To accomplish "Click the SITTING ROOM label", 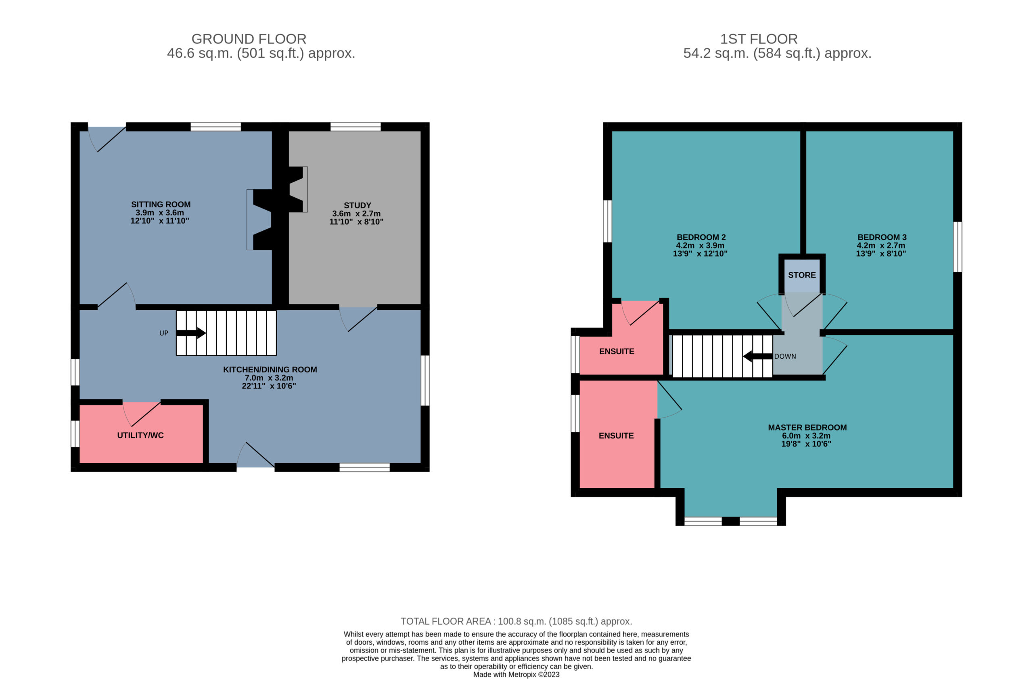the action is pyautogui.click(x=161, y=205).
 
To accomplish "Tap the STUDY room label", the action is pyautogui.click(x=357, y=205).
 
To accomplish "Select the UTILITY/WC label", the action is pyautogui.click(x=140, y=435).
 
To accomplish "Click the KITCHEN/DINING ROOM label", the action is pyautogui.click(x=270, y=370).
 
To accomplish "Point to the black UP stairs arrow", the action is pyautogui.click(x=190, y=333).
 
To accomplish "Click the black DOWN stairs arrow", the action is pyautogui.click(x=758, y=356).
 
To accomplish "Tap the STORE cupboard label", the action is pyautogui.click(x=802, y=275).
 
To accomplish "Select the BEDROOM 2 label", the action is pyautogui.click(x=701, y=237).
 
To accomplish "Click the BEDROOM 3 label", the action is pyautogui.click(x=882, y=237).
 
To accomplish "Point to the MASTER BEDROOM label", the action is pyautogui.click(x=807, y=427).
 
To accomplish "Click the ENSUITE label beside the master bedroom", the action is pyautogui.click(x=616, y=436).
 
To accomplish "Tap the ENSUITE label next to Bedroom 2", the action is pyautogui.click(x=616, y=351).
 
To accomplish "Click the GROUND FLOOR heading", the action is pyautogui.click(x=249, y=39).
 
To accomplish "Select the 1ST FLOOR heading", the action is pyautogui.click(x=759, y=39).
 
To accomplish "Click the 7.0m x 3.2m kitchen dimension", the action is pyautogui.click(x=269, y=378).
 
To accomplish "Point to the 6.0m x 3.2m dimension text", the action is pyautogui.click(x=806, y=436).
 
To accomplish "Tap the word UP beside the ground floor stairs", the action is pyautogui.click(x=164, y=333).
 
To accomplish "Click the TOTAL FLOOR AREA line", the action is pyautogui.click(x=516, y=621).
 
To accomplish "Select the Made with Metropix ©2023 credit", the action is pyautogui.click(x=516, y=674).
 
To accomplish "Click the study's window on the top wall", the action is pyautogui.click(x=355, y=127).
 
